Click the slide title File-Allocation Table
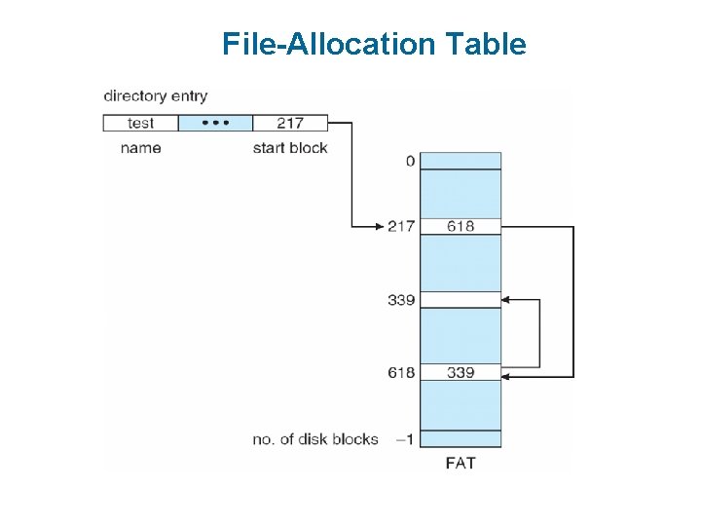pyautogui.click(x=374, y=45)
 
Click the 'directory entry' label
pyautogui.click(x=156, y=95)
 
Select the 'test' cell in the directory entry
pyautogui.click(x=140, y=123)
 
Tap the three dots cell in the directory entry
pyautogui.click(x=215, y=123)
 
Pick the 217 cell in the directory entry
pyautogui.click(x=289, y=123)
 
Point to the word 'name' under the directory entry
pyautogui.click(x=140, y=148)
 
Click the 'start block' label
pyautogui.click(x=290, y=148)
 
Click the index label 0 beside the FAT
pyautogui.click(x=410, y=161)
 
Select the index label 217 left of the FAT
pyautogui.click(x=401, y=226)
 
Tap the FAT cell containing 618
pyautogui.click(x=461, y=226)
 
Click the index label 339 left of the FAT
pyautogui.click(x=401, y=299)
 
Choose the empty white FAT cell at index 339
pyautogui.click(x=461, y=299)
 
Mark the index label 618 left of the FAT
pyautogui.click(x=401, y=372)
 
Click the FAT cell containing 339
pyautogui.click(x=461, y=372)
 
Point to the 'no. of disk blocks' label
pyautogui.click(x=314, y=439)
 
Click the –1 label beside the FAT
pyautogui.click(x=405, y=439)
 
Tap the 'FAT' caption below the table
pyautogui.click(x=461, y=463)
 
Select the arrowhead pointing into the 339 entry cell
pyautogui.click(x=507, y=299)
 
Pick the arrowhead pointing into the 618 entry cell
pyautogui.click(x=507, y=376)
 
